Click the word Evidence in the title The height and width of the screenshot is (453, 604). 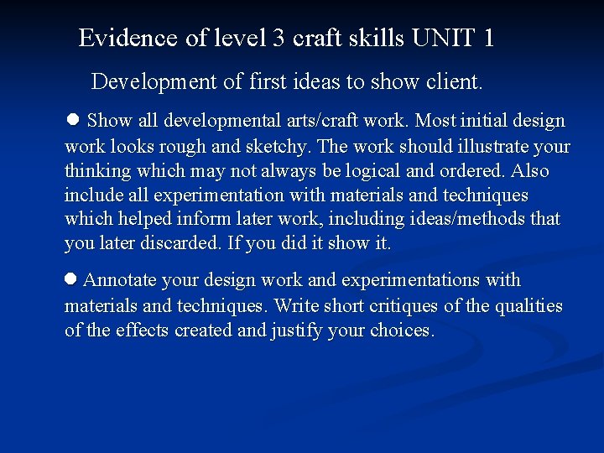tap(128, 38)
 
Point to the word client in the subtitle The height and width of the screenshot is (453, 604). tap(453, 82)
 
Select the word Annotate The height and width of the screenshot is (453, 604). tap(123, 280)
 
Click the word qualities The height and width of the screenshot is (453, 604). tap(529, 305)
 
